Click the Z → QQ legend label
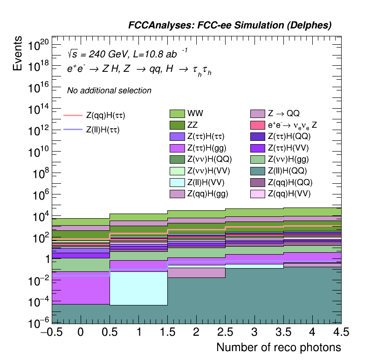click(283, 113)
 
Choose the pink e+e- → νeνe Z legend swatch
click(258, 125)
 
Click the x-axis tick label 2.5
click(226, 332)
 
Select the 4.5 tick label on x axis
click(341, 332)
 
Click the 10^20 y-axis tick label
click(37, 46)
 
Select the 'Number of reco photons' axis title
click(278, 347)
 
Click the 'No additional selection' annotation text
click(109, 90)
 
